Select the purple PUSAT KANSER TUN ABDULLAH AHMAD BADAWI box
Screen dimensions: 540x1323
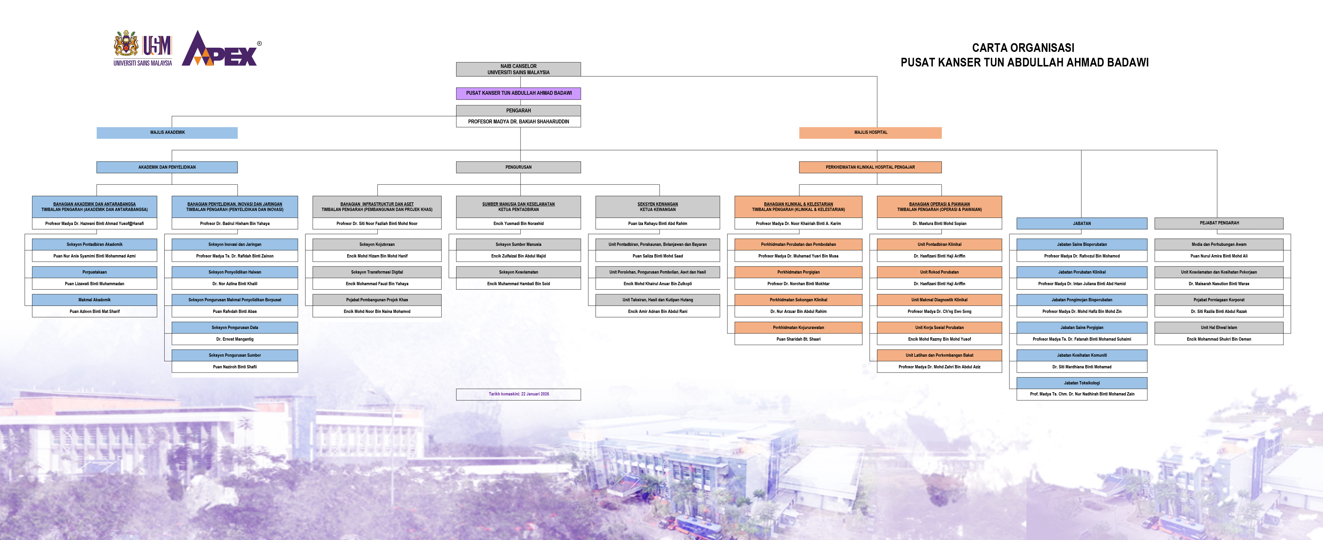click(x=518, y=93)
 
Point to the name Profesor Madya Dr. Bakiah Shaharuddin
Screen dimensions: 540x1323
click(x=518, y=122)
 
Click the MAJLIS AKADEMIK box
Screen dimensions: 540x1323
click(x=167, y=133)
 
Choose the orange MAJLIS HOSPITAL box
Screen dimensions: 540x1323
click(x=870, y=133)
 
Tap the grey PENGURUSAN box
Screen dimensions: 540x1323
click(x=518, y=167)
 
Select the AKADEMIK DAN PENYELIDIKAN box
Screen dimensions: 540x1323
click(x=167, y=167)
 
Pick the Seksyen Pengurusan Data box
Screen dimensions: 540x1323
click(x=235, y=327)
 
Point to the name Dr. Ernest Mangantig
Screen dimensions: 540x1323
click(x=235, y=339)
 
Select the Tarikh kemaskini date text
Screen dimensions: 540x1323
click(x=518, y=394)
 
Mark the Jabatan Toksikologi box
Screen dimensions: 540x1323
click(x=1082, y=383)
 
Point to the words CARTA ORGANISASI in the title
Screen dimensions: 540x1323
click(x=1023, y=48)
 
